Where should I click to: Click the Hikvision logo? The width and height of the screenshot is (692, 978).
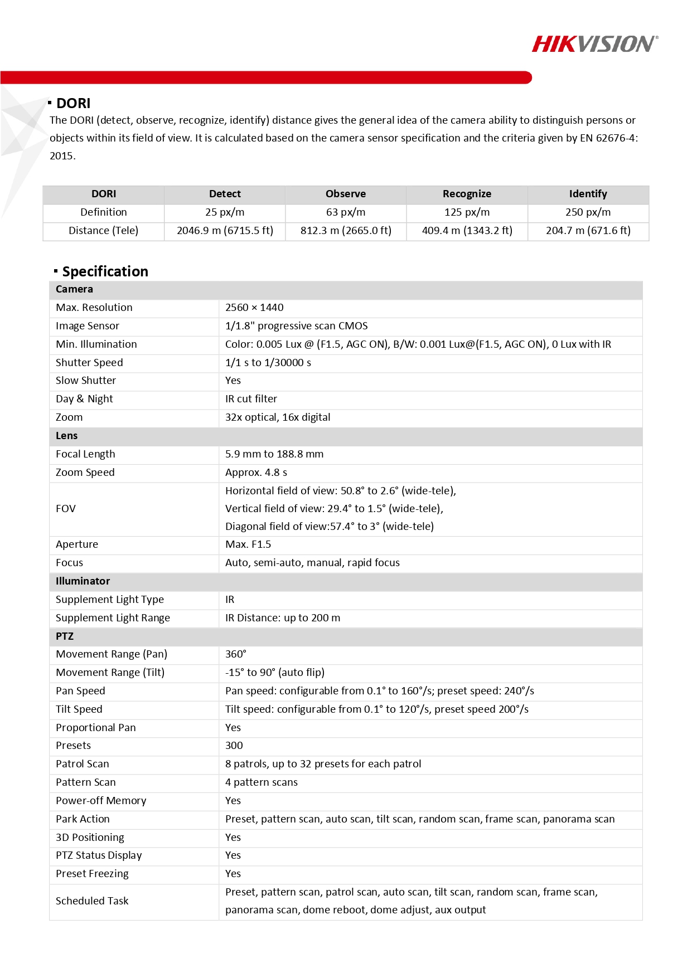tap(594, 44)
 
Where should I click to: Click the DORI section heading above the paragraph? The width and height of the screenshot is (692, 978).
tap(73, 104)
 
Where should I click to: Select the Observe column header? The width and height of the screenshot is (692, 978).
tap(346, 194)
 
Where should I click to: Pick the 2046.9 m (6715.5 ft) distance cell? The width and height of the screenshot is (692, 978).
tap(225, 231)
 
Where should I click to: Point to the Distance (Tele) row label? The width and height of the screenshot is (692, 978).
tap(103, 231)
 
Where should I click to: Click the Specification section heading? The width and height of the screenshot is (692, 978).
tap(105, 271)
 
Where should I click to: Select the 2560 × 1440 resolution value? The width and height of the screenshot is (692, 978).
tap(254, 308)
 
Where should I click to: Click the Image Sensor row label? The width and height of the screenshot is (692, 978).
tap(88, 326)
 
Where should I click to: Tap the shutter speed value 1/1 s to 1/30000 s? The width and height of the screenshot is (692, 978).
tap(268, 363)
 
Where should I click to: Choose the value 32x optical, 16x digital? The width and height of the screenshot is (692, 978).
tap(278, 417)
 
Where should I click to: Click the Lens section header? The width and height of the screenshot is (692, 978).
tap(67, 436)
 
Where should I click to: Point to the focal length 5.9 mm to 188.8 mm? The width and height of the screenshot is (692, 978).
tap(274, 454)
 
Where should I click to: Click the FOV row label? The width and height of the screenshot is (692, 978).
tap(66, 509)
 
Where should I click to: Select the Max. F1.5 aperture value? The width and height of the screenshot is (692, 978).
tap(248, 544)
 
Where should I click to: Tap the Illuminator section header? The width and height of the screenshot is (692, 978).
tap(83, 581)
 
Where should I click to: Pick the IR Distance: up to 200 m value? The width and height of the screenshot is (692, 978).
tap(283, 618)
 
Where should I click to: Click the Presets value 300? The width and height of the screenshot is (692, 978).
tap(234, 746)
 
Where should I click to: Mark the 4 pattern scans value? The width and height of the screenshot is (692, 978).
tap(262, 782)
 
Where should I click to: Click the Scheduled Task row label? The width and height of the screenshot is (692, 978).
tap(92, 901)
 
